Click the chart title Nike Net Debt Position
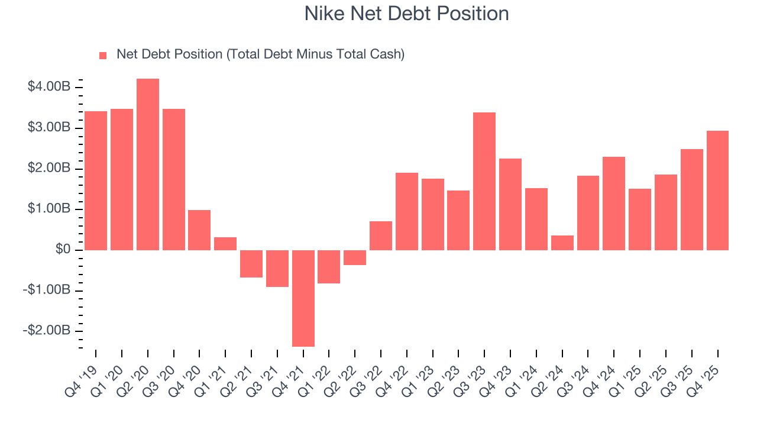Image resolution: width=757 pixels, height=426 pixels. pos(406,14)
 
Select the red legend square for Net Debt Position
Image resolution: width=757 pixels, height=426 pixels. pos(103,55)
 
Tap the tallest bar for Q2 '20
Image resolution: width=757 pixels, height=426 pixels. pos(148,164)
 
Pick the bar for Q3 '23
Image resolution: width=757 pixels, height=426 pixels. pos(484,181)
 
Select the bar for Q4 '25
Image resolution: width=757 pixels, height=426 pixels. pos(717,190)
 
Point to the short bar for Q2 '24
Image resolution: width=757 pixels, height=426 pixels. pos(562,243)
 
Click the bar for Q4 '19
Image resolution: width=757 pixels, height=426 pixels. pos(96,180)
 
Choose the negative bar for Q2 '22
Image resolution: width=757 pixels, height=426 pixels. pos(355,257)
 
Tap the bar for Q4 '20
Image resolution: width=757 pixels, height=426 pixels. pos(199,230)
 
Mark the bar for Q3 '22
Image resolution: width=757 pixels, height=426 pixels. pos(381,235)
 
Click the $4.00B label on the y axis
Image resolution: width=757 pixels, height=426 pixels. pos(49,88)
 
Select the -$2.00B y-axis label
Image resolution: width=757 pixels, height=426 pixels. pos(47,331)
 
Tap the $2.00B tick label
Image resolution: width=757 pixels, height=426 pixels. pos(49,169)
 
